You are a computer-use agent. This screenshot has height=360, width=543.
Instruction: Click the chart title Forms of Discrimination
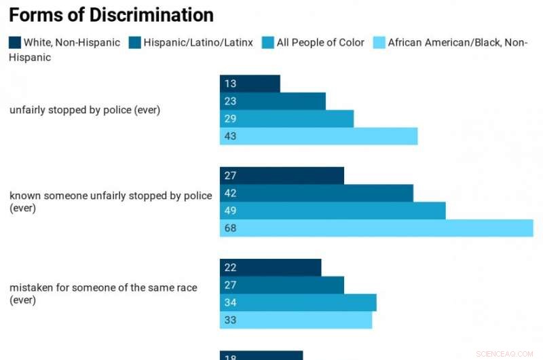coord(111,15)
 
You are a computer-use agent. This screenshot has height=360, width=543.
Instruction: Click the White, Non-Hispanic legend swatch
coord(15,43)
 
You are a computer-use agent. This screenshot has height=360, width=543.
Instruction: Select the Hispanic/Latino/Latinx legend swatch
coord(135,43)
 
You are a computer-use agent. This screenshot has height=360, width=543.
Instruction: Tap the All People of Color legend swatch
coord(268,43)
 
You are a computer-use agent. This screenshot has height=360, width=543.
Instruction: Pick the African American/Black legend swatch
coord(379,43)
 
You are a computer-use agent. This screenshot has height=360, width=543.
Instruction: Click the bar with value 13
coord(250,84)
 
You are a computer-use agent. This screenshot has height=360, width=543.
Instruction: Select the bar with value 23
coord(272,101)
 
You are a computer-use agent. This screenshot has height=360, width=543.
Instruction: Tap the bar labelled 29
coord(286,119)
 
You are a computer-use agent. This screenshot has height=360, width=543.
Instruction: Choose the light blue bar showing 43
coord(318,137)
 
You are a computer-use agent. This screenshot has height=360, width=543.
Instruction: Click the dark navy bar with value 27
coord(282,175)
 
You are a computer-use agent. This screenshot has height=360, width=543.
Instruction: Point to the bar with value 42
coord(316,193)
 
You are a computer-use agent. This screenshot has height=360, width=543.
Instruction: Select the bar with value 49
coord(333,211)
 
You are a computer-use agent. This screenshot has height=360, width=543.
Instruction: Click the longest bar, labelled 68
coord(376,228)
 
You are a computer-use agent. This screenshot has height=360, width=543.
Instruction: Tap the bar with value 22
coord(270,268)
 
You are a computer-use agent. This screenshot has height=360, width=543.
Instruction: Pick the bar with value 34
coord(298,302)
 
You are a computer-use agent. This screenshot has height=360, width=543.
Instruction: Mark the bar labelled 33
coord(296,320)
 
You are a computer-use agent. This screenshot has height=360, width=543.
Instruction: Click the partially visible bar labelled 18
coord(261,355)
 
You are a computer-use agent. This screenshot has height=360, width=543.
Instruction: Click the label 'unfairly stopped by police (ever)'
coord(85,110)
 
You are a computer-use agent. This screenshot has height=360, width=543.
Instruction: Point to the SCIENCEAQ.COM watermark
coord(506,354)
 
